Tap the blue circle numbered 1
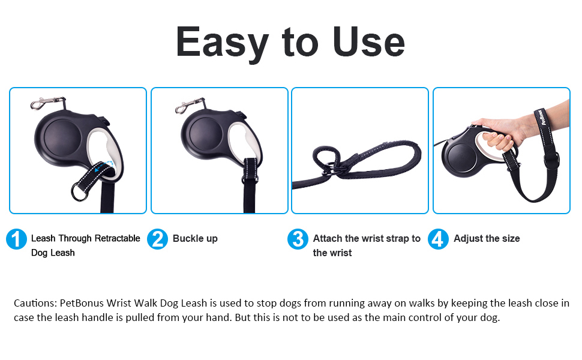[x=16, y=239]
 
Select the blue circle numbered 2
[x=158, y=239]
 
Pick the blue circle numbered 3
[x=298, y=239]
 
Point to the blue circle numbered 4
[x=439, y=239]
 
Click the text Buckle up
[x=195, y=239]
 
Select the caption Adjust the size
[x=487, y=239]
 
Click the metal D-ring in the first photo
[x=79, y=192]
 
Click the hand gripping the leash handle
[x=501, y=135]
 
